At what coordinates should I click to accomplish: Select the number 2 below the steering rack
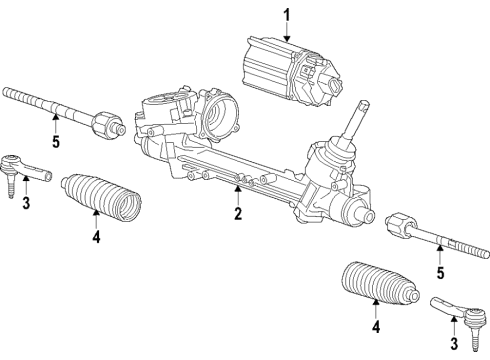click(x=238, y=213)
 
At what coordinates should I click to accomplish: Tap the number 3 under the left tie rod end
click(x=26, y=204)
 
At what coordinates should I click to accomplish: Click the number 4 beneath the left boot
click(x=97, y=237)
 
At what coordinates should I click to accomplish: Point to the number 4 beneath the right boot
click(x=375, y=326)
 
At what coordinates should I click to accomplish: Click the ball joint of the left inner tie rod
click(x=107, y=127)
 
